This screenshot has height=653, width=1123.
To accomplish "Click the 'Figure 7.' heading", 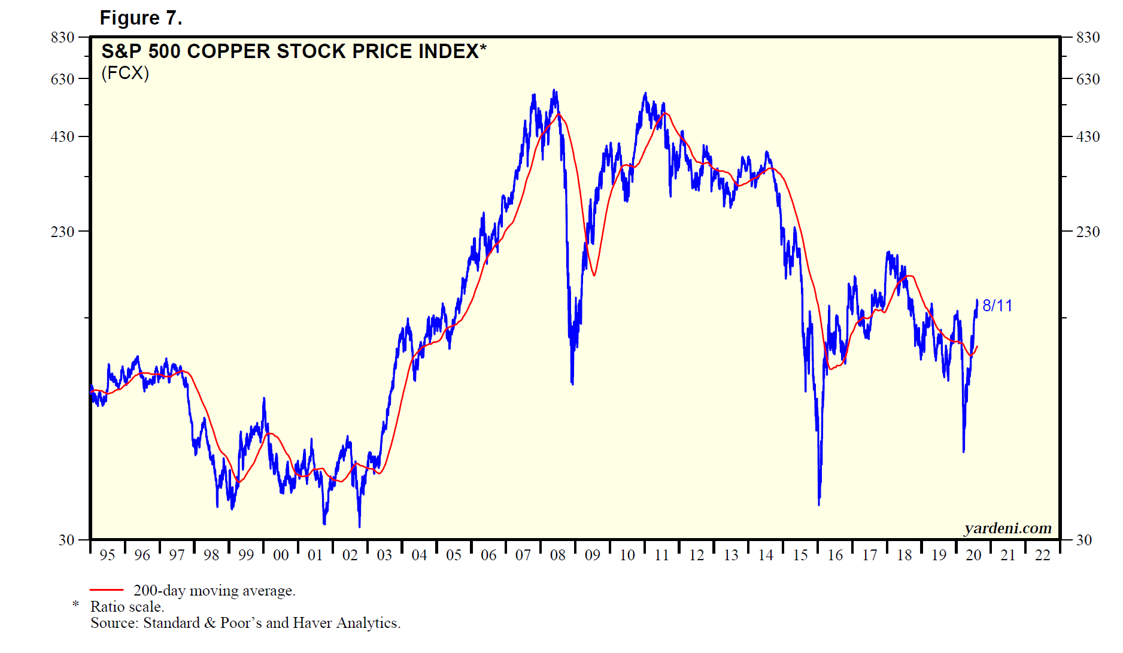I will tap(141, 19).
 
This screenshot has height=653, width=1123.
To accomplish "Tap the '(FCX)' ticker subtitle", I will tap(125, 73).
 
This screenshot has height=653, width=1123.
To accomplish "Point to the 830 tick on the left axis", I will tap(63, 38).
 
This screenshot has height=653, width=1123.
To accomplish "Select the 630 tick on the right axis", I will tap(1088, 79).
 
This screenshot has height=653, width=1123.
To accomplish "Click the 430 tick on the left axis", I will tap(63, 136).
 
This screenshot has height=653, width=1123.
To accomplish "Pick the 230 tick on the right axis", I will tap(1088, 232).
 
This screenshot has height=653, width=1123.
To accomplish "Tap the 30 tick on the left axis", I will tap(66, 540).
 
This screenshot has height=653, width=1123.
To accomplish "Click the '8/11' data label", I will tap(997, 306).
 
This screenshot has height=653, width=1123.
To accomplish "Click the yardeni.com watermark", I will tap(1007, 528).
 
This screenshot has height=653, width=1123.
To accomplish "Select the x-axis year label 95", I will tap(107, 555).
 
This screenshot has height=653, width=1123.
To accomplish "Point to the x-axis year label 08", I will tap(558, 555).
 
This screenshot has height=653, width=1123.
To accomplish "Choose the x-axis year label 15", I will tap(800, 555).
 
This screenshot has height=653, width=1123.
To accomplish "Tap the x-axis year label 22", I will tap(1043, 555).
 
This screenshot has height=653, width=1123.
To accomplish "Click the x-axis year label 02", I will tap(350, 555).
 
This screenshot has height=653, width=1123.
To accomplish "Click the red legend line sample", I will tap(107, 590).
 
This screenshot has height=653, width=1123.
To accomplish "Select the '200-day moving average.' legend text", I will tap(214, 591).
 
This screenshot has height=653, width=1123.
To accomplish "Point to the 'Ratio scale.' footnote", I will tap(127, 607).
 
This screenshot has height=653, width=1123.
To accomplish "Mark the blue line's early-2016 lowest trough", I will tap(819, 504).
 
